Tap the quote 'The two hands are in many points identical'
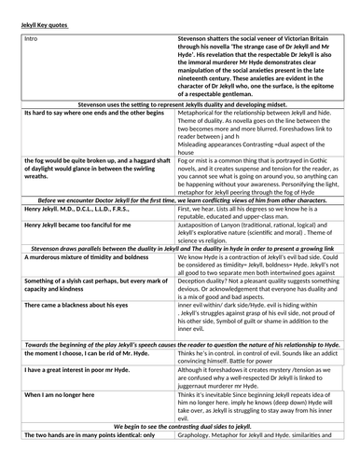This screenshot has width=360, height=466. point(91,460)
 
